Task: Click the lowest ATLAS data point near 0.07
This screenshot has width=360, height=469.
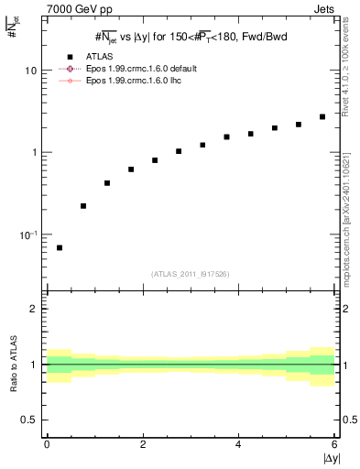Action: [60, 247]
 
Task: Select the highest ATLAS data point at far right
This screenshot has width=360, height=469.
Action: [322, 117]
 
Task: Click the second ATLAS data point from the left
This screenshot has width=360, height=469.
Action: [83, 206]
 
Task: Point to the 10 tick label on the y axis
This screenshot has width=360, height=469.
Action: [31, 71]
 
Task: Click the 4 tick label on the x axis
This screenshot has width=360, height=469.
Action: [238, 444]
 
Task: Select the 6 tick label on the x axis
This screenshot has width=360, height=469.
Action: [333, 444]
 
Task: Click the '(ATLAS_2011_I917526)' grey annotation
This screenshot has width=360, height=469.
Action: [190, 274]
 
